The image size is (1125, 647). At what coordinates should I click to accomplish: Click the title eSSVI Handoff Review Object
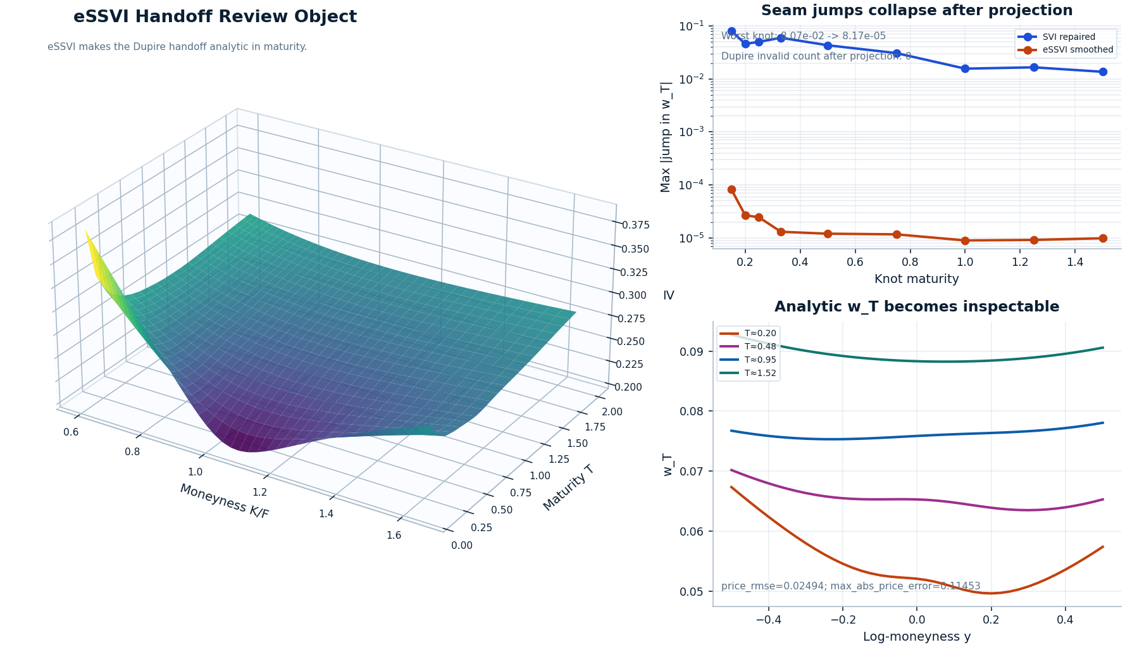click(x=215, y=17)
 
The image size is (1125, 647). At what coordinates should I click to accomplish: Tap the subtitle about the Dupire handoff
click(x=177, y=47)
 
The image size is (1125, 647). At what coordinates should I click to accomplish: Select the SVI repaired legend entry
click(x=1068, y=37)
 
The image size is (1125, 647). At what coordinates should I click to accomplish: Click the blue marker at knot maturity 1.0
click(x=965, y=68)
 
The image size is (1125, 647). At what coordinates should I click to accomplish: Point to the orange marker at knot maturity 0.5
click(x=828, y=234)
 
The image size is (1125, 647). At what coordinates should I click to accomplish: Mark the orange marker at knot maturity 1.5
click(x=1103, y=238)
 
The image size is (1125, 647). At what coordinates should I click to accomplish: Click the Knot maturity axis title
click(x=916, y=279)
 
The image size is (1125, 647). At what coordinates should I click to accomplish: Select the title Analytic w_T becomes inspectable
click(x=916, y=307)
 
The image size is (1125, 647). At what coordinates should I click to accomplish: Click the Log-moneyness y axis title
click(x=916, y=637)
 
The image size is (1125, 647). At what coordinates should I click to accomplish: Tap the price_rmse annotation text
click(x=850, y=586)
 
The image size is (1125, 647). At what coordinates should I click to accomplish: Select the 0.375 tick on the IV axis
click(x=635, y=225)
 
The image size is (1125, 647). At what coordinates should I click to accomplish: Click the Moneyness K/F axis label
click(x=224, y=501)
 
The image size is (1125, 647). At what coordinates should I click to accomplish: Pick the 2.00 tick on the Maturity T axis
click(x=612, y=412)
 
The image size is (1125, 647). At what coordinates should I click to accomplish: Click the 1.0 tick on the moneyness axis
click(x=195, y=472)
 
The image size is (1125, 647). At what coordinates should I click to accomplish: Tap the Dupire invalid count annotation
click(x=816, y=56)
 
